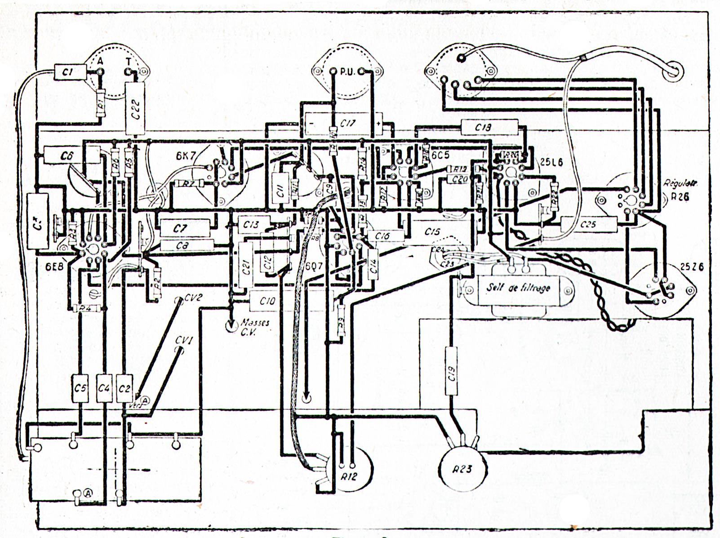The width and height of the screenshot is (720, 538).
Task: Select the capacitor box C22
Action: (x=136, y=108)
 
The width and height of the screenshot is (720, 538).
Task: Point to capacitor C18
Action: (x=489, y=127)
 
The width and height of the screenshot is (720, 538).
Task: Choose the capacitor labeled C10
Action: (x=268, y=301)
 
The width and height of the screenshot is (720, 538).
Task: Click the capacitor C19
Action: (x=452, y=371)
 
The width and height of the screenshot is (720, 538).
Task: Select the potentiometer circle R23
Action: (x=462, y=469)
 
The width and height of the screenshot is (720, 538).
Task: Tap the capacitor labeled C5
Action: (x=80, y=387)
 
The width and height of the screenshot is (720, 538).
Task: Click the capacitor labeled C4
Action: (x=104, y=387)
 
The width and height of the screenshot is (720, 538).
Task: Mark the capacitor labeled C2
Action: (x=124, y=387)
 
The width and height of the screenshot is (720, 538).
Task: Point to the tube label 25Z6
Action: (x=691, y=267)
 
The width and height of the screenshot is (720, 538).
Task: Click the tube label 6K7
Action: (x=185, y=157)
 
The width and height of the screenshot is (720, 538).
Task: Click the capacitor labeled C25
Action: (x=588, y=224)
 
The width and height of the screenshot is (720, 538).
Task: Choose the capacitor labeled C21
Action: (x=246, y=266)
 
